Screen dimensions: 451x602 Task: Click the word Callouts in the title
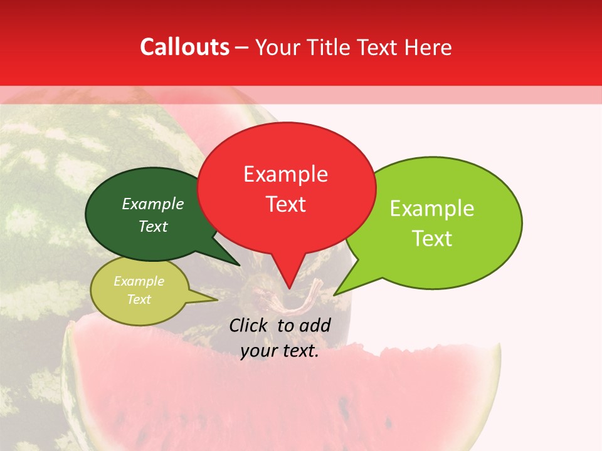tap(184, 47)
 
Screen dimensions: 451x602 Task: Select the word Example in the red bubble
tap(285, 174)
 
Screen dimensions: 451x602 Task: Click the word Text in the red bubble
tap(285, 204)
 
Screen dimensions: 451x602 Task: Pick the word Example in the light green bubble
tap(432, 209)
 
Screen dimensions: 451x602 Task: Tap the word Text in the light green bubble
tap(432, 239)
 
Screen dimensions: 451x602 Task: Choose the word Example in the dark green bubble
tap(152, 204)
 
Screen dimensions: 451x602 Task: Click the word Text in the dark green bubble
tap(152, 226)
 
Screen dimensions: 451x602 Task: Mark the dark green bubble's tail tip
tap(240, 265)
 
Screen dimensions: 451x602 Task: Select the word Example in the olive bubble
tap(139, 281)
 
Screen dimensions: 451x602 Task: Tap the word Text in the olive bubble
tap(139, 299)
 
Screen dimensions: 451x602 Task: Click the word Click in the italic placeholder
tap(250, 325)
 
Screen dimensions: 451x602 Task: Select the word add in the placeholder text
tap(314, 325)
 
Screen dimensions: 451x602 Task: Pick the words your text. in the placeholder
tap(280, 351)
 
